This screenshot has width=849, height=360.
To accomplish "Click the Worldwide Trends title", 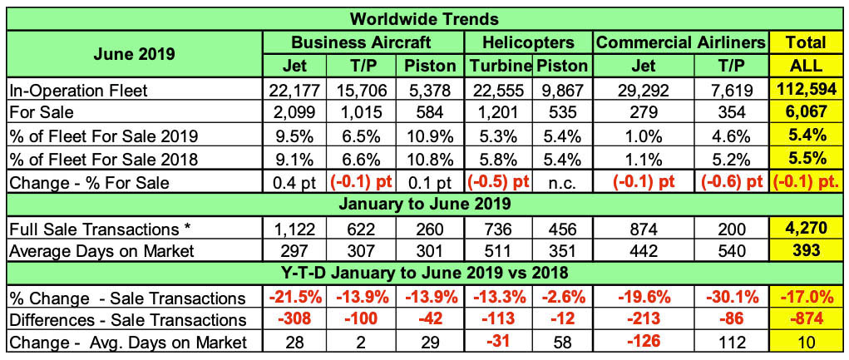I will [x=424, y=17].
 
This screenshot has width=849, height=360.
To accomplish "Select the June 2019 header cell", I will [x=135, y=54].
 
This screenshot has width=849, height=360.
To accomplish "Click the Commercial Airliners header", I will [x=682, y=42].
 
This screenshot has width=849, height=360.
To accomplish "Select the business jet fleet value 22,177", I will [x=296, y=89].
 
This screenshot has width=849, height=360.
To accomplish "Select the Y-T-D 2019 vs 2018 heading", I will [x=424, y=273].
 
